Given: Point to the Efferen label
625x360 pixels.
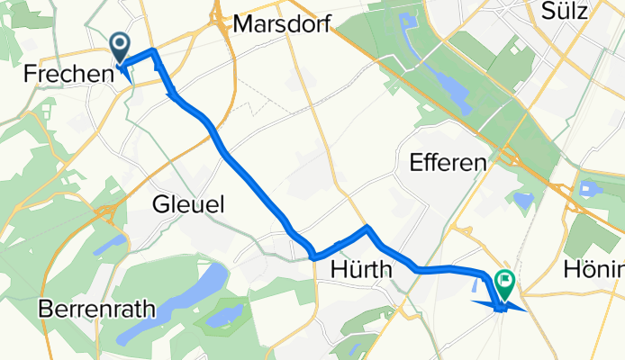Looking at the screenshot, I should [x=448, y=163].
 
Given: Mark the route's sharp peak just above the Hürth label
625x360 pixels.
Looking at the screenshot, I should [x=367, y=229].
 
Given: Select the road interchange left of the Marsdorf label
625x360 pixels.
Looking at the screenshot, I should [x=218, y=20].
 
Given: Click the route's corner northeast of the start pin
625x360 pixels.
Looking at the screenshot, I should [x=155, y=50].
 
